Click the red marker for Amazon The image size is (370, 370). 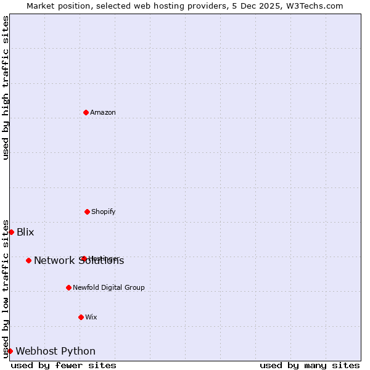[x=86, y=112]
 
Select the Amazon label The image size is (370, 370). [x=103, y=112]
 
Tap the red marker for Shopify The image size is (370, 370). [x=87, y=212]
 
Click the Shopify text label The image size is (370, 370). [x=104, y=212]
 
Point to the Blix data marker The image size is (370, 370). [x=11, y=232]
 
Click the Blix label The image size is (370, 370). [x=25, y=232]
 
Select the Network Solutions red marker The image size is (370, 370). [x=28, y=260]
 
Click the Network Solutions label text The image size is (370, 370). [x=79, y=260]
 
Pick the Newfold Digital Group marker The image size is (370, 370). [x=68, y=287]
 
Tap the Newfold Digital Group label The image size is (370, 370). [x=109, y=287]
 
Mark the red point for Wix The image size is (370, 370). [x=81, y=317]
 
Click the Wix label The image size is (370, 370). [x=91, y=317]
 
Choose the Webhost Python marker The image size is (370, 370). [x=10, y=351]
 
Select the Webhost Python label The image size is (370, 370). [x=55, y=351]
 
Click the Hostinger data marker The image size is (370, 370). [x=83, y=258]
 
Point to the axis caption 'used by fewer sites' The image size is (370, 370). [x=64, y=365]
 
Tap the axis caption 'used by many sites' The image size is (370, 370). [x=310, y=365]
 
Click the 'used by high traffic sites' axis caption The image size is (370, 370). [x=6, y=88]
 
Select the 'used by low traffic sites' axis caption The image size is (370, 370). [x=6, y=288]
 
